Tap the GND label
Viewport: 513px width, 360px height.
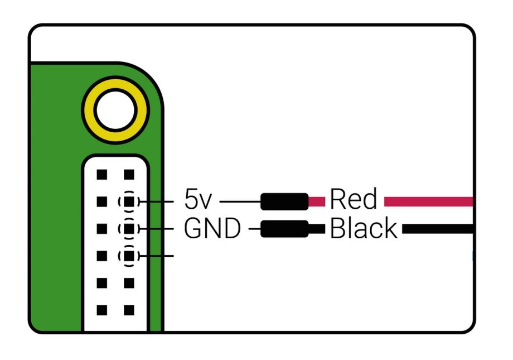(212, 228)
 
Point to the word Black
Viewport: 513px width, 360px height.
(364, 228)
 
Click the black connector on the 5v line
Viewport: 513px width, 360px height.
(284, 201)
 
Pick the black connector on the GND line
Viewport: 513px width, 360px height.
(284, 228)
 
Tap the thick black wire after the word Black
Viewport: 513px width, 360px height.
(437, 228)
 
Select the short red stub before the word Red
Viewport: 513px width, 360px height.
(317, 201)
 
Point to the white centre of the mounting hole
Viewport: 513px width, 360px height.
(115, 110)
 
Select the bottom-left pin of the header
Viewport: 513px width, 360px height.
(101, 309)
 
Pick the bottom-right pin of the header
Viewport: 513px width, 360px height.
(129, 309)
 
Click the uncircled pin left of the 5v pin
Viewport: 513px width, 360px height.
(101, 201)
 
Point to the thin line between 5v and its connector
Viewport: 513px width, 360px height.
(240, 201)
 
